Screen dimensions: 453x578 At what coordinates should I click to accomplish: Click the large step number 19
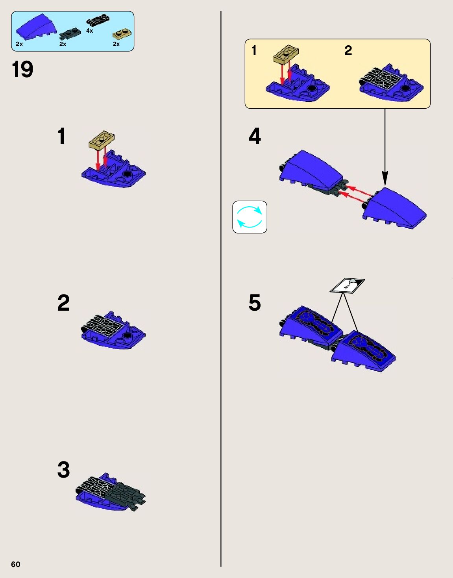coord(22,69)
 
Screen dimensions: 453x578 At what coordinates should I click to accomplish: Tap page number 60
coord(16,564)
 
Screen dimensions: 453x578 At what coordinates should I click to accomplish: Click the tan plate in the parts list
coord(122,34)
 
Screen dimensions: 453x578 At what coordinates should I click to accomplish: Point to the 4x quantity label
coord(90,31)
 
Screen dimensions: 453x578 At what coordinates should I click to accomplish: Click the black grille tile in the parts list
coord(98,20)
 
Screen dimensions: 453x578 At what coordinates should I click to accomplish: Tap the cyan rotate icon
coord(250,217)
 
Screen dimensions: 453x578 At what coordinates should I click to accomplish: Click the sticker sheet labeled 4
coord(347,286)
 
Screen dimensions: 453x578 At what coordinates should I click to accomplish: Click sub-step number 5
coord(255,302)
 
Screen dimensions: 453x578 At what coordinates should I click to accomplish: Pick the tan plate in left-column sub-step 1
coord(101,139)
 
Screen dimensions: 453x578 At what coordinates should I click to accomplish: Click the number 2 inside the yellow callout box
coord(348,50)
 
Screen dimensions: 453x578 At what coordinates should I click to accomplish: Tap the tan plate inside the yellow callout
coord(285,54)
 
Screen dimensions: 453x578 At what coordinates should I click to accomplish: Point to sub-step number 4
coord(255,136)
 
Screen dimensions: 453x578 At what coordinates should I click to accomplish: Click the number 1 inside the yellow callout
coord(254,50)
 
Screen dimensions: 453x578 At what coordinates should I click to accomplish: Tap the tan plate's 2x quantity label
coord(116,44)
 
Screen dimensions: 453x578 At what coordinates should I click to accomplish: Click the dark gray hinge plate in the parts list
coord(70,33)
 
